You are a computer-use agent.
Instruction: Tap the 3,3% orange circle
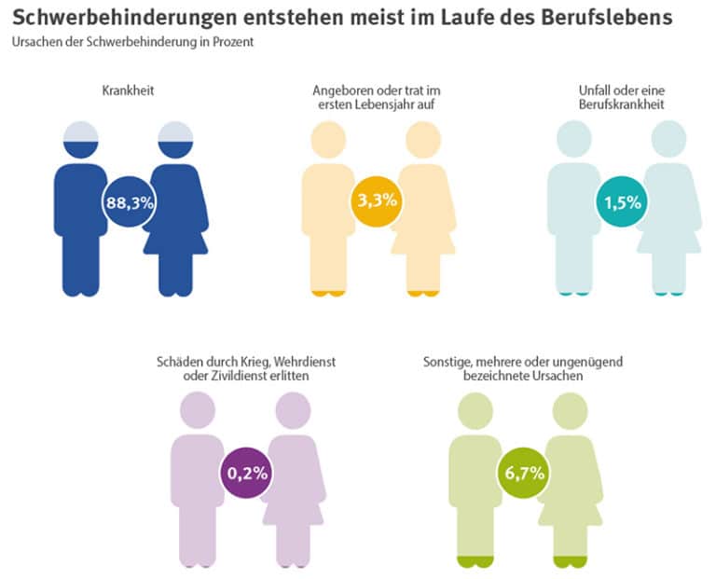click(377, 200)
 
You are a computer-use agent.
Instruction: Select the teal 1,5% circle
click(622, 201)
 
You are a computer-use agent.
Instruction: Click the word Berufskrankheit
click(622, 105)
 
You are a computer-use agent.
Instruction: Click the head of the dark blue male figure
click(80, 140)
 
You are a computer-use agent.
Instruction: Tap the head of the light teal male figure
click(574, 140)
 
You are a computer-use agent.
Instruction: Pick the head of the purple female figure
click(293, 410)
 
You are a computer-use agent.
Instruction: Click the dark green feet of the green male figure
click(475, 560)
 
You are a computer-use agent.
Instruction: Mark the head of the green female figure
click(569, 410)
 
